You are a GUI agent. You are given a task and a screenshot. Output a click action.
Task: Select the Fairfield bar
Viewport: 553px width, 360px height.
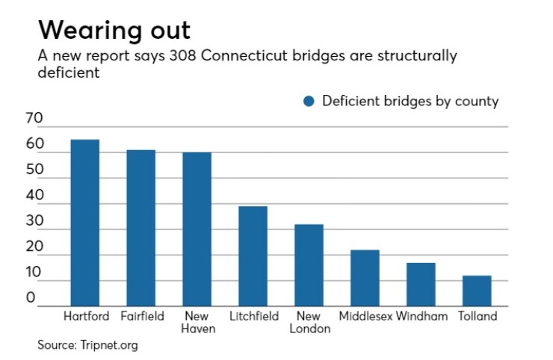coord(141,228)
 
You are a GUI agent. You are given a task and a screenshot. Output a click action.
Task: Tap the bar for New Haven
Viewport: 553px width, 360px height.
coord(197,229)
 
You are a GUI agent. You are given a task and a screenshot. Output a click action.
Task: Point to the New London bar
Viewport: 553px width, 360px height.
coord(309,265)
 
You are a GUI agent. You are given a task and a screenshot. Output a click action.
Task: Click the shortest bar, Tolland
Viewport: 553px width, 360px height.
coord(477,291)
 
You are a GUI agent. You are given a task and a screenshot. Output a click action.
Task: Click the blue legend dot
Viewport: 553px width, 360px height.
coord(309,102)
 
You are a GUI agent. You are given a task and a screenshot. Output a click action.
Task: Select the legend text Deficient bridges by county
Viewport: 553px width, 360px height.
coord(410,102)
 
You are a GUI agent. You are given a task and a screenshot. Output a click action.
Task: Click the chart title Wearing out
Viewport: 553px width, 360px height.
coord(114,31)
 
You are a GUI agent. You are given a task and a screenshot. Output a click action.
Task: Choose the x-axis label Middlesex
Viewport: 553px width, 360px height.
coord(365,316)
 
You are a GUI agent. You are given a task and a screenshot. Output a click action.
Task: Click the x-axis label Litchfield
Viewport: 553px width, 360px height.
coord(253,316)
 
